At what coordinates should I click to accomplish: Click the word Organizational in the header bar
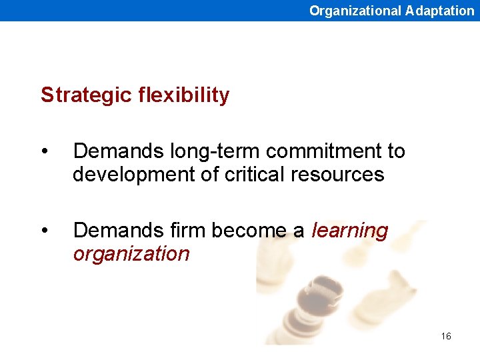[x=355, y=11]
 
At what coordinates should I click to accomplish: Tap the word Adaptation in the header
[x=439, y=11]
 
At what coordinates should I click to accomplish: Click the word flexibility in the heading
[x=184, y=95]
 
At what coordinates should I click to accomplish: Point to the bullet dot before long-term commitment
[x=44, y=152]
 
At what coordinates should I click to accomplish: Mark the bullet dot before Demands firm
[x=44, y=231]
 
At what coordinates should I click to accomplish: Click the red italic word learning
[x=349, y=231]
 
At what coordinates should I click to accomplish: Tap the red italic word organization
[x=131, y=254]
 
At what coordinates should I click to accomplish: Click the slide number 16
[x=446, y=336]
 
